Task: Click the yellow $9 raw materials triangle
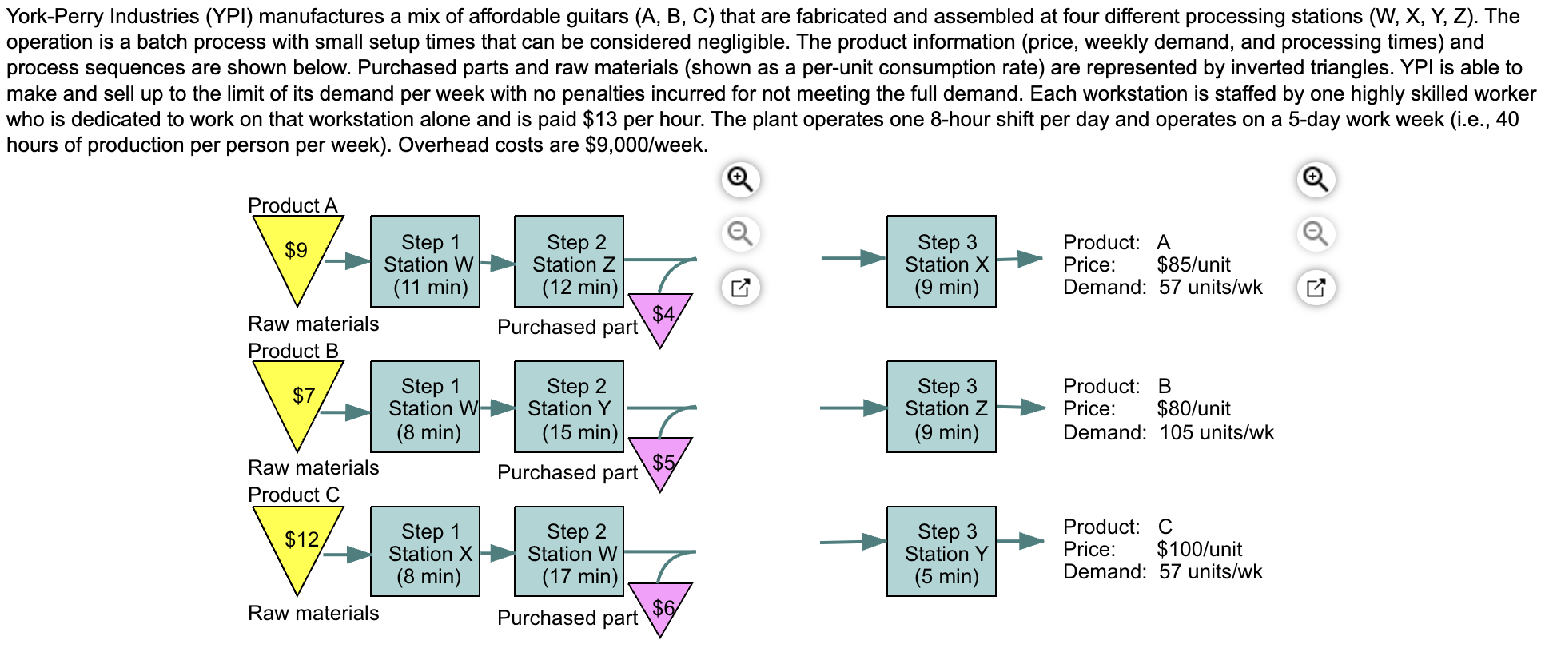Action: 297,251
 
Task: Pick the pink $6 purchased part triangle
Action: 661,606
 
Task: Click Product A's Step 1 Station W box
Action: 425,262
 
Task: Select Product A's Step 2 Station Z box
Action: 569,262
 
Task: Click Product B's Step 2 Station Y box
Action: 569,408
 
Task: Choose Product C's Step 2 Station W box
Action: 569,552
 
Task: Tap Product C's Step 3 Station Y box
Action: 942,552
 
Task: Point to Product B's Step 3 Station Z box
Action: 942,408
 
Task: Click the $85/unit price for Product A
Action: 1193,264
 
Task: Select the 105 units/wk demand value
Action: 1217,432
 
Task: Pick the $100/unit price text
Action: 1199,549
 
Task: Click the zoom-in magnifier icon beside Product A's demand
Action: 1316,179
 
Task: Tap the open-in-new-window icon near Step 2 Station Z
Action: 741,288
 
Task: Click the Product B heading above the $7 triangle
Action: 293,351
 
